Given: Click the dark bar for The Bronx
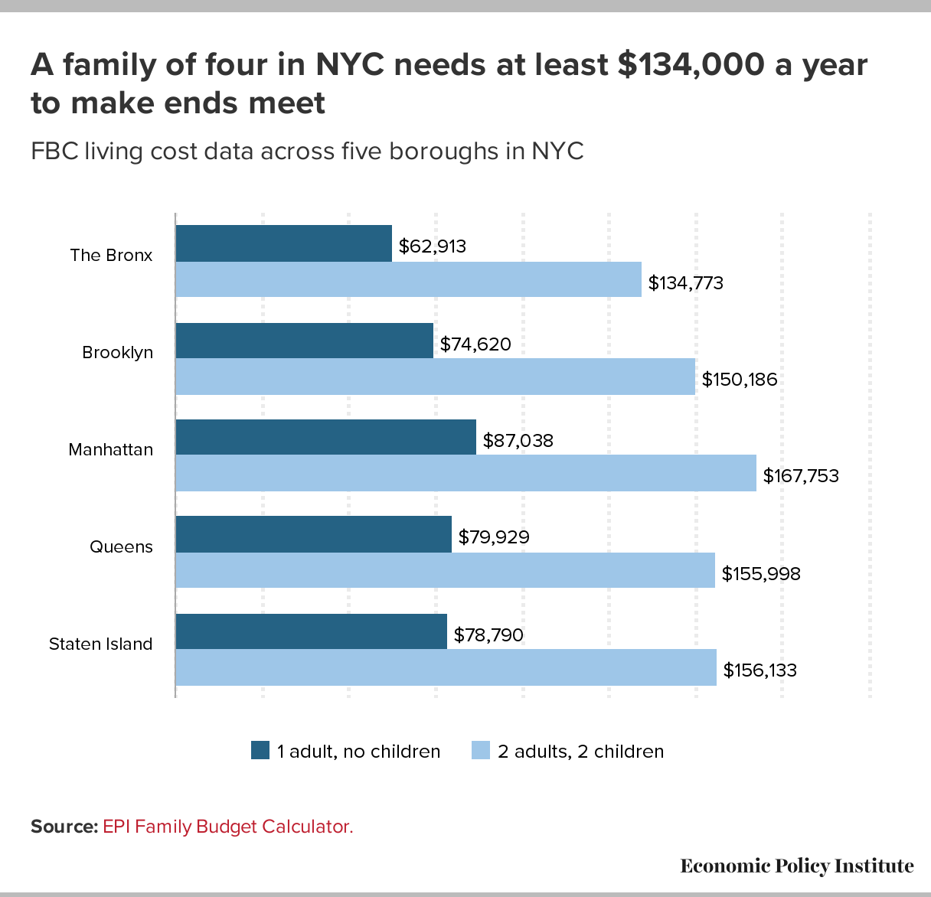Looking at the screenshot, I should (x=284, y=243).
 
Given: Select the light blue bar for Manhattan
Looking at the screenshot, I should (x=465, y=473).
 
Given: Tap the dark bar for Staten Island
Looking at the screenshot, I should (x=311, y=631).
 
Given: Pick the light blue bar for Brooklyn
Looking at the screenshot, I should (x=435, y=377).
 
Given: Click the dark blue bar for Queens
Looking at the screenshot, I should (x=313, y=534).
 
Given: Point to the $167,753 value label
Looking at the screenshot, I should (x=801, y=476).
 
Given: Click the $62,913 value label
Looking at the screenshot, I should (x=433, y=246).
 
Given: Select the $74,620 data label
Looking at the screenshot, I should (x=475, y=344).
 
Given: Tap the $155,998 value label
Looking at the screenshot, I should (x=761, y=573).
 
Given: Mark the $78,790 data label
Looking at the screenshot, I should (x=488, y=634).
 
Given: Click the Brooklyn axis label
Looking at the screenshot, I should (x=118, y=353).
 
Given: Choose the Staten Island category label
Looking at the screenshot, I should (x=101, y=644).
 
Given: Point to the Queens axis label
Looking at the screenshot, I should (x=121, y=547).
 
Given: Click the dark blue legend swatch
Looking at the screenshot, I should (x=260, y=751).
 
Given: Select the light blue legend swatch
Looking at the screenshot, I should (x=480, y=751).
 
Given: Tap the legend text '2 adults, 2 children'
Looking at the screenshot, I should (x=580, y=752).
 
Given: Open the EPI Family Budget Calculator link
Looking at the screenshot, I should (x=227, y=827).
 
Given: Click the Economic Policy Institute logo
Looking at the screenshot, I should (x=796, y=866).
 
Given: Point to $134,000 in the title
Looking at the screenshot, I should (x=691, y=65).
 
